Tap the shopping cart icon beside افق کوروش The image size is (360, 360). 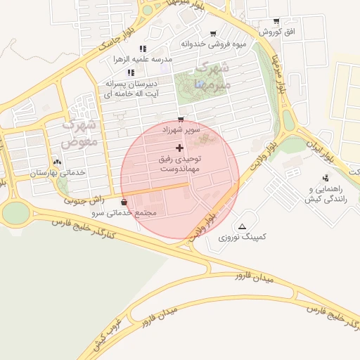click(276, 21)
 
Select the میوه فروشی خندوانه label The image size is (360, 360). click(214, 44)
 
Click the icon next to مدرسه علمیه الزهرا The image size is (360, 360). click(143, 49)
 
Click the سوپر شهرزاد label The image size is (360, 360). click(181, 130)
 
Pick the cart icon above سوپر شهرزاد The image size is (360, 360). click(181, 119)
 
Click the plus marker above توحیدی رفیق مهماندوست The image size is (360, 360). click(180, 148)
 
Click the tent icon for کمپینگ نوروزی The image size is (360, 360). click(243, 226)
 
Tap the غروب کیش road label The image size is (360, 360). click(109, 333)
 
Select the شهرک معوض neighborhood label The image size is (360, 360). click(79, 132)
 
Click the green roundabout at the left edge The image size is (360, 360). click(15, 212)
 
